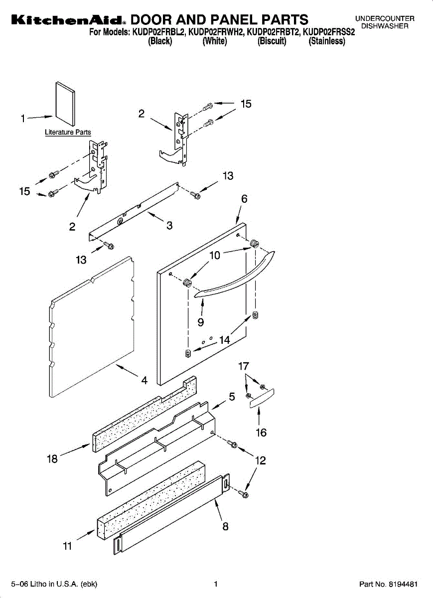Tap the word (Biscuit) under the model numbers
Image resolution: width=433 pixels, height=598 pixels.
[272, 41]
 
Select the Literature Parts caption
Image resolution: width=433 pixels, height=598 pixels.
[68, 132]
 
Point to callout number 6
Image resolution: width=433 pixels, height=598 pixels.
[244, 198]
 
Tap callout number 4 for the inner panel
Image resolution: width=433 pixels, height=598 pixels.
[144, 380]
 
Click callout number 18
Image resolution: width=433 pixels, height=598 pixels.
[52, 459]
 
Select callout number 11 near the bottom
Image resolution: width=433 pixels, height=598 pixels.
[67, 546]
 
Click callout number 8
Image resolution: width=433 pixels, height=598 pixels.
[226, 526]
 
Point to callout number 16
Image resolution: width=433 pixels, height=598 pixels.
[261, 433]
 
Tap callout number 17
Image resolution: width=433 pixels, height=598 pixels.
[243, 366]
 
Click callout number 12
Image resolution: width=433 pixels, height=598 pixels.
[260, 461]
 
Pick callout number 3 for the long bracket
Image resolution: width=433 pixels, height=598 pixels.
[169, 225]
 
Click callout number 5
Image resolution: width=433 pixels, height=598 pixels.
[232, 397]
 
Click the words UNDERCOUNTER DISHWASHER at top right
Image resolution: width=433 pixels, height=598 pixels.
[384, 22]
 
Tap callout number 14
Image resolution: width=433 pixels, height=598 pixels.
[224, 340]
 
